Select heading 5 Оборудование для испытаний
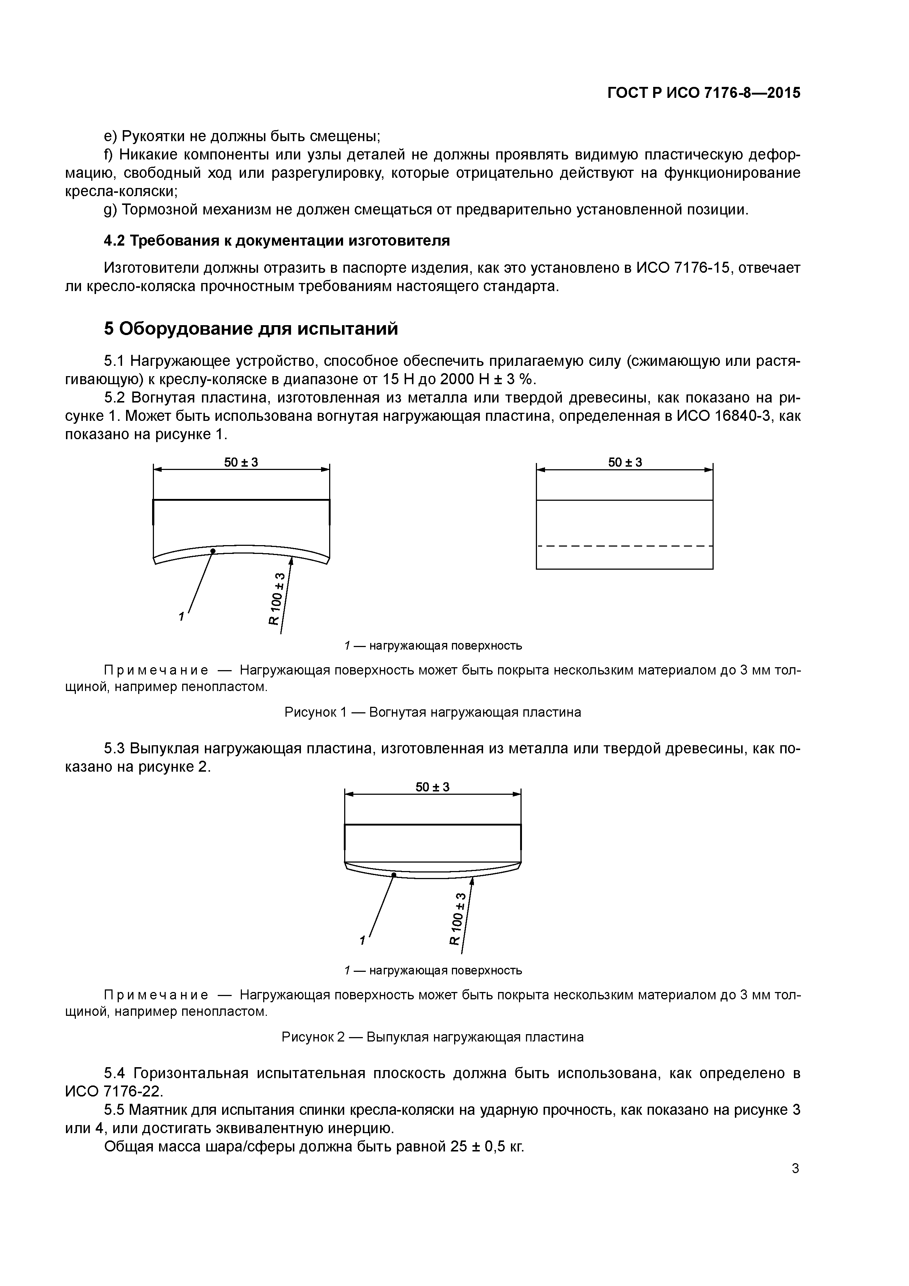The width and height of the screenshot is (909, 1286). [251, 329]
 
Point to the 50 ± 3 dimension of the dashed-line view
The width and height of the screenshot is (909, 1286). [625, 462]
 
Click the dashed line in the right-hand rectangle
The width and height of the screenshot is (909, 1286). [625, 545]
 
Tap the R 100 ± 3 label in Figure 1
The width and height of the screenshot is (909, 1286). [277, 599]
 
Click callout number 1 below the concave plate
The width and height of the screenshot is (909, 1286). [181, 617]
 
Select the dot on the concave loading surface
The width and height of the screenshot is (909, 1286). [213, 551]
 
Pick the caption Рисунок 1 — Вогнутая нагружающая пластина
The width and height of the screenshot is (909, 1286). [433, 712]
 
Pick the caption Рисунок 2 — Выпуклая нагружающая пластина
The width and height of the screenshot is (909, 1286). [433, 1037]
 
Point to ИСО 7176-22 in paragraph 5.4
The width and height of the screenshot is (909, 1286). [113, 1091]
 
